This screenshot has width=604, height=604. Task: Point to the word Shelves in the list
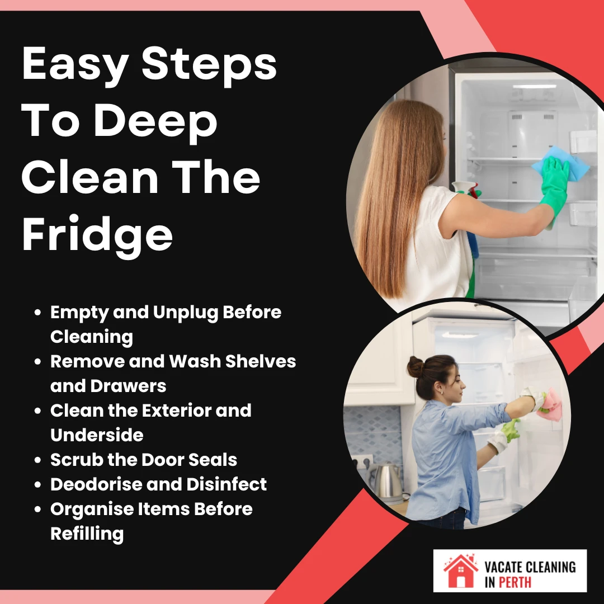click(x=260, y=361)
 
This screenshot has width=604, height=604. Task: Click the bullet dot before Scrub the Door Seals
click(x=38, y=460)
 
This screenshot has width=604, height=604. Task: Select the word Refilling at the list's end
click(x=87, y=534)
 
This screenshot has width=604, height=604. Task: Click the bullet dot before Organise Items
click(x=38, y=509)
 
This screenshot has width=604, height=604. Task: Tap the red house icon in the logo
click(x=460, y=570)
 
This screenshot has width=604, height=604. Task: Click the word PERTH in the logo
click(x=514, y=582)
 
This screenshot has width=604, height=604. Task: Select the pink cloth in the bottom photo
click(x=549, y=400)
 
